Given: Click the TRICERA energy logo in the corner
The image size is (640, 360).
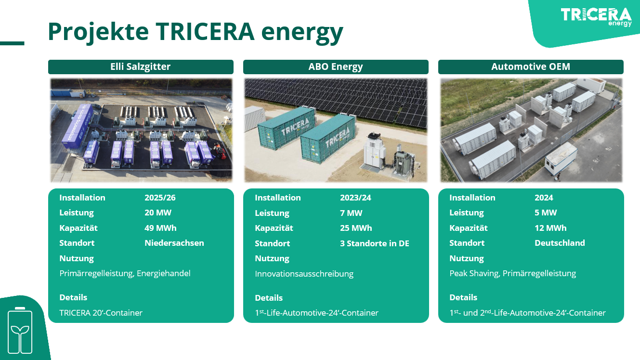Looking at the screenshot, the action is click(x=596, y=17).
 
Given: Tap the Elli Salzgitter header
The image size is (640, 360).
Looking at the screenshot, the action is click(x=141, y=67).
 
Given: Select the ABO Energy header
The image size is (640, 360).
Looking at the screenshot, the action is click(x=336, y=67).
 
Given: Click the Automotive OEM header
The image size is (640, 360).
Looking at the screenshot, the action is click(x=531, y=67).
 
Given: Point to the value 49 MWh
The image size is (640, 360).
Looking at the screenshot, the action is click(x=160, y=228).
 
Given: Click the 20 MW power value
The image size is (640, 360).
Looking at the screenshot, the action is click(x=158, y=213).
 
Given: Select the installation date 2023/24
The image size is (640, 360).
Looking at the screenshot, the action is click(x=355, y=198).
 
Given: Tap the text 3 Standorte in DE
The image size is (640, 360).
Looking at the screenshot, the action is click(x=375, y=243).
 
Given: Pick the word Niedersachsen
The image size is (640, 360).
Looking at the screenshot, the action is click(x=174, y=243).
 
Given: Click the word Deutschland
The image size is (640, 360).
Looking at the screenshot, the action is click(x=560, y=243).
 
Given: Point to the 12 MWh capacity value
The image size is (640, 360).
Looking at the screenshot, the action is click(x=550, y=228).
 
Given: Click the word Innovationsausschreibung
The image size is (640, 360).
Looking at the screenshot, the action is click(x=304, y=274).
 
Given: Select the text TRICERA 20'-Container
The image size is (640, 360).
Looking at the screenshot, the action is click(x=101, y=313).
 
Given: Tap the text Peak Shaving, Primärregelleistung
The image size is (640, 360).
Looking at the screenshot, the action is click(x=512, y=273).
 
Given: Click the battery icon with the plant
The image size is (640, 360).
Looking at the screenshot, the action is click(x=20, y=330).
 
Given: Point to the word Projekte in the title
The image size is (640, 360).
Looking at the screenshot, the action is click(x=98, y=31).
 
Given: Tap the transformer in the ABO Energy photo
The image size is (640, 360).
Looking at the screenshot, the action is click(x=404, y=162).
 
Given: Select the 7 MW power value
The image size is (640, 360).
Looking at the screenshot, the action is click(x=351, y=213).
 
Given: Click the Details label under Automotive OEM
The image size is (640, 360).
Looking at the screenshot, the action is click(x=463, y=297).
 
